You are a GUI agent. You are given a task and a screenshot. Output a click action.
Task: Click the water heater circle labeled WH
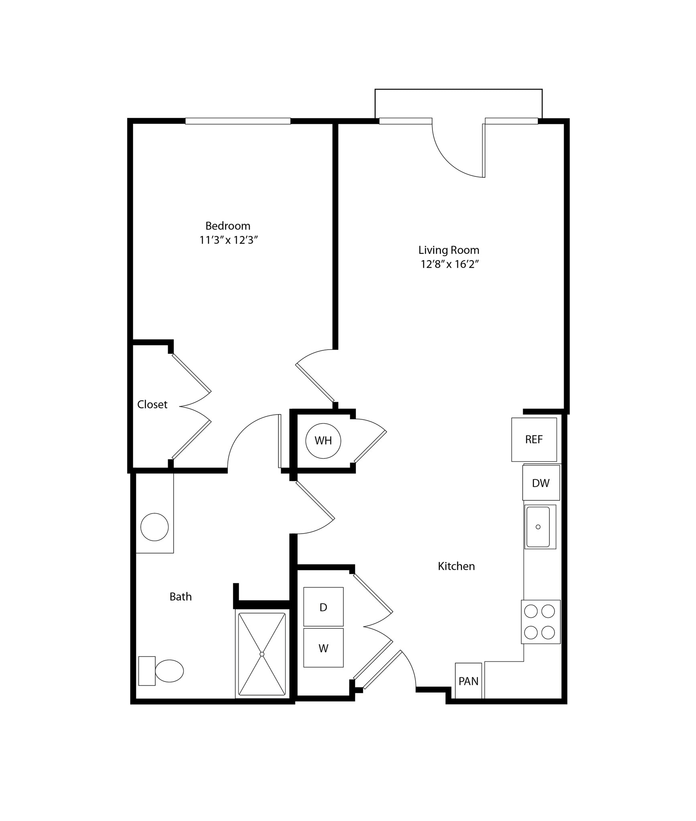click(x=323, y=441)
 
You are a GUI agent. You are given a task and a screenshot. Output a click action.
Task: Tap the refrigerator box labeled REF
click(x=534, y=439)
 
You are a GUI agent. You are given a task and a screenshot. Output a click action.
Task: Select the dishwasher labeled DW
click(x=541, y=483)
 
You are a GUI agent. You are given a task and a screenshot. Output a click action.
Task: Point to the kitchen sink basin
click(x=538, y=527)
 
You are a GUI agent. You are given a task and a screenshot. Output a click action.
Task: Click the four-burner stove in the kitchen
click(x=540, y=622)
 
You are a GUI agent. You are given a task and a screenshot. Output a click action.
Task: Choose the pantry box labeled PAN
click(x=468, y=681)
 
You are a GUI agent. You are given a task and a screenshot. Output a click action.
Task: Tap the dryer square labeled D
click(x=323, y=607)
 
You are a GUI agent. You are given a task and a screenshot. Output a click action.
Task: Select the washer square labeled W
click(x=323, y=648)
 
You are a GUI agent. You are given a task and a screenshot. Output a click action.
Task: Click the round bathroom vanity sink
click(x=154, y=527)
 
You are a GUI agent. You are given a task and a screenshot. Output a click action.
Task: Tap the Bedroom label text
click(x=228, y=226)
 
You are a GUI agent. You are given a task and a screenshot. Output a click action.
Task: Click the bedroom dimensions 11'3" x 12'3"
click(x=228, y=240)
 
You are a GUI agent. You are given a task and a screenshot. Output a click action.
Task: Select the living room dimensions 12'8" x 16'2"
click(x=450, y=264)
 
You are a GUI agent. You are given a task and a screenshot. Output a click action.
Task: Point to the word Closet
click(x=152, y=404)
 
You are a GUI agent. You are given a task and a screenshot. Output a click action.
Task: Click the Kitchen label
click(x=456, y=566)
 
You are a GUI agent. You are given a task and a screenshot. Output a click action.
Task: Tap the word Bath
click(x=181, y=597)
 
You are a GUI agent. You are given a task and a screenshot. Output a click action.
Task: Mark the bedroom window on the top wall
click(x=237, y=121)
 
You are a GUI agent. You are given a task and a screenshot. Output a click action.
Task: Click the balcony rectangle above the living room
click(x=458, y=103)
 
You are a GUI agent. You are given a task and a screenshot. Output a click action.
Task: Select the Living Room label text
click(x=449, y=250)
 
